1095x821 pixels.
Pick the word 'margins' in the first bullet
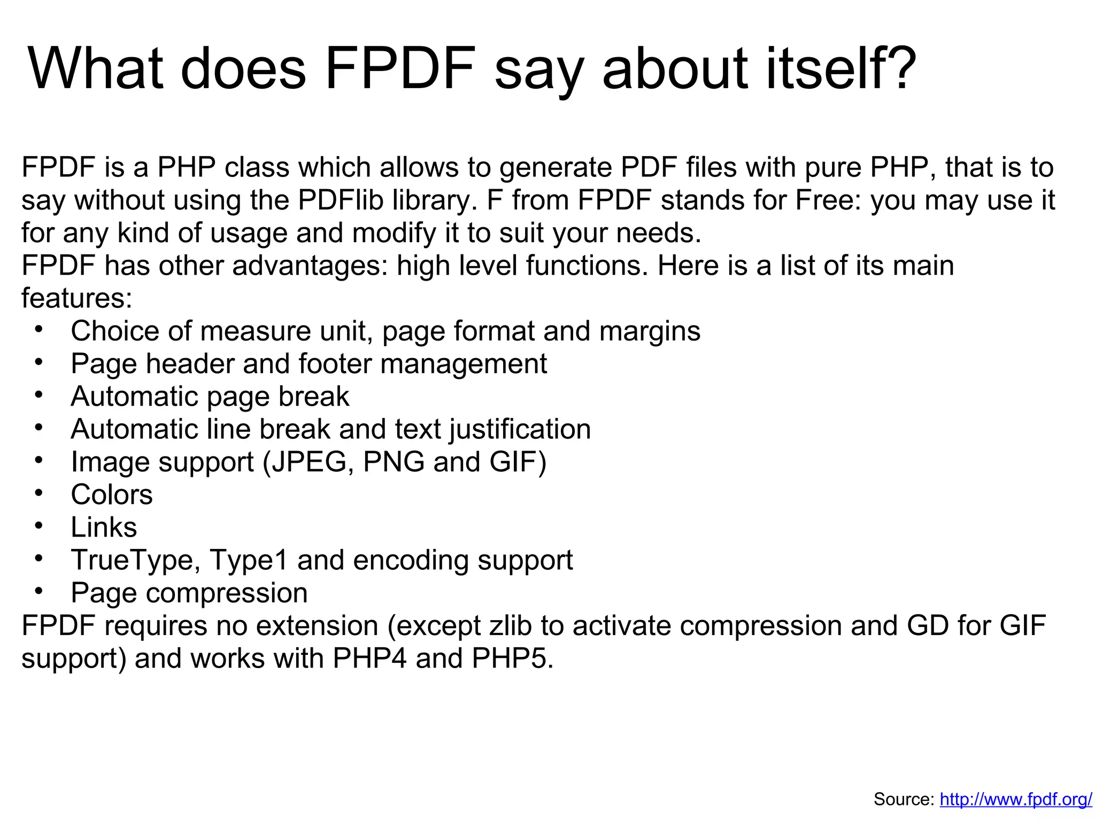(x=650, y=331)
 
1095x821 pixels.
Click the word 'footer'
(x=335, y=364)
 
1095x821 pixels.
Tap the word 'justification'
(x=520, y=430)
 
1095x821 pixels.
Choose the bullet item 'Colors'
(x=112, y=495)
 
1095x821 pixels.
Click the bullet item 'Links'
(x=104, y=528)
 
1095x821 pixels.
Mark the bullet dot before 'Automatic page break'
(x=38, y=396)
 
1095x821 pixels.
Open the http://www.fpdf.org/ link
(x=1016, y=800)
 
